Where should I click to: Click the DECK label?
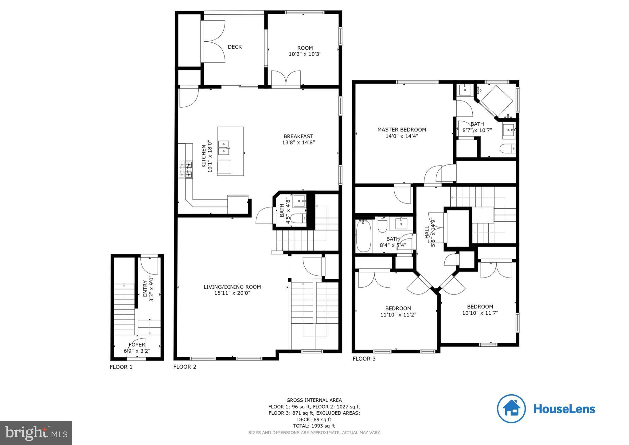point(235,47)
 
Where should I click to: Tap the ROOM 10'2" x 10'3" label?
point(305,51)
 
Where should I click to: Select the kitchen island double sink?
point(224,148)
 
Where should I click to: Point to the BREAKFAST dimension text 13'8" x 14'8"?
point(298,143)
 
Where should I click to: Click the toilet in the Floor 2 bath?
point(298,219)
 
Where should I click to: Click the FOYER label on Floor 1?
point(137,345)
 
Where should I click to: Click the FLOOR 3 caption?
point(364,359)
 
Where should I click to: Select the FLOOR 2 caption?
point(185,367)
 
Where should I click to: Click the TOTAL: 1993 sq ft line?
point(314,426)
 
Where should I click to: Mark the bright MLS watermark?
point(36,433)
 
